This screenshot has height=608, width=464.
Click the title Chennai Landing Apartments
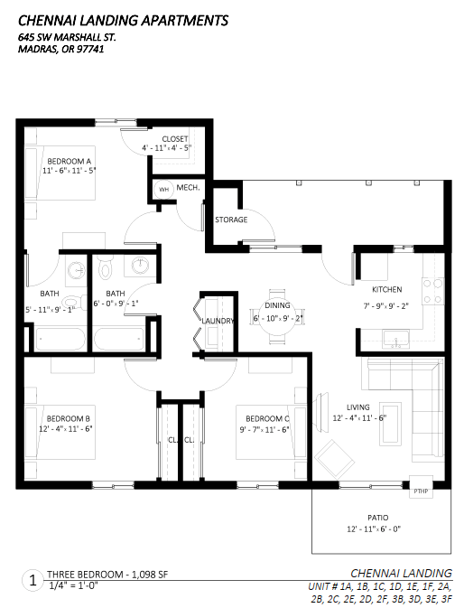click(x=123, y=20)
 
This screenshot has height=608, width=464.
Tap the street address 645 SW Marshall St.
click(x=67, y=37)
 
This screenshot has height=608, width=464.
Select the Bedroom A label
click(x=68, y=160)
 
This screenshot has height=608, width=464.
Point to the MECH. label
click(x=188, y=188)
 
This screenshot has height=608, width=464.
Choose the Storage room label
click(x=231, y=220)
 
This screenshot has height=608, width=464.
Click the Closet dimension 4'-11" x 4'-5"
click(x=166, y=148)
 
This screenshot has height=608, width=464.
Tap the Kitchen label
click(x=387, y=290)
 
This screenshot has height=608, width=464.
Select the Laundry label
click(x=218, y=321)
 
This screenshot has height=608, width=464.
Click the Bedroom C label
click(x=268, y=418)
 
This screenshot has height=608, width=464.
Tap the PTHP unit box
click(x=419, y=491)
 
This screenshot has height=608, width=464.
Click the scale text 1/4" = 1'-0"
click(x=72, y=585)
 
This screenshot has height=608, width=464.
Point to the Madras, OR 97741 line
click(x=60, y=50)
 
